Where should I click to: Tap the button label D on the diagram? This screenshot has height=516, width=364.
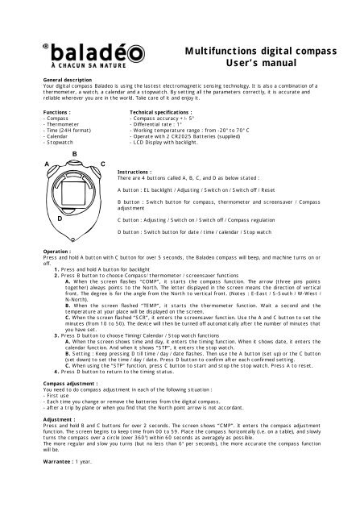tap(60, 218)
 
